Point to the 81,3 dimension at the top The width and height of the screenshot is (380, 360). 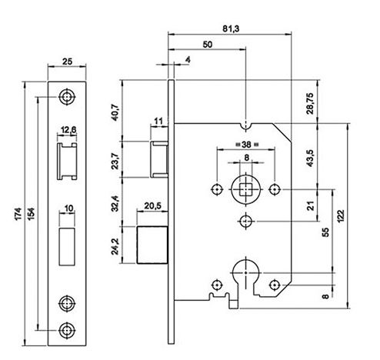230,28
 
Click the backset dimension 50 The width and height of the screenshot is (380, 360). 207,45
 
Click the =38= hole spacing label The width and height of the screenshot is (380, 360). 244,143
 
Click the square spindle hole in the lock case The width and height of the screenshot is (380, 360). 245,188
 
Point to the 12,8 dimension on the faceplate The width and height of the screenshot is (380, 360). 68,130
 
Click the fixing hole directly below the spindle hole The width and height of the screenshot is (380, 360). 245,222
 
